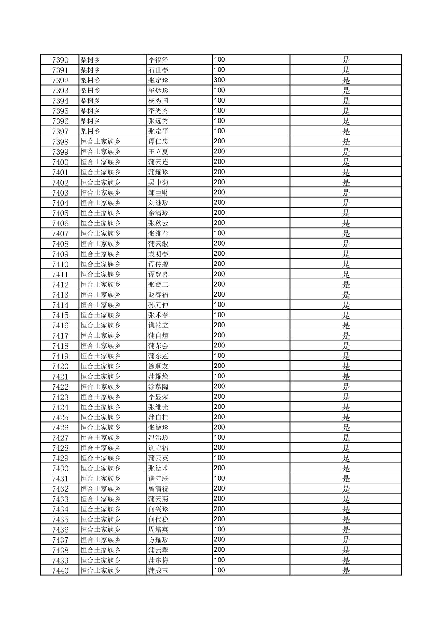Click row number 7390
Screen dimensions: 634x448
[60, 60]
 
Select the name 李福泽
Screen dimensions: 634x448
[158, 60]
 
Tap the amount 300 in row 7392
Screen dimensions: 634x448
[219, 80]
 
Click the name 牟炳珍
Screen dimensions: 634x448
[158, 91]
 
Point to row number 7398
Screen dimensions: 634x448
[60, 142]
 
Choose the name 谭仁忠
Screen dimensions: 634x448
[158, 142]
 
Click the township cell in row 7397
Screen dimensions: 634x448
[90, 131]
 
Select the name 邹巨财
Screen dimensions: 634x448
[158, 193]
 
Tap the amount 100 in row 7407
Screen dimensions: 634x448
[219, 233]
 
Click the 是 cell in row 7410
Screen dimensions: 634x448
[346, 264]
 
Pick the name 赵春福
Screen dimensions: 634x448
[158, 295]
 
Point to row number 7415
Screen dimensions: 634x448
[60, 315]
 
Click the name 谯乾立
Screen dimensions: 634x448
[158, 326]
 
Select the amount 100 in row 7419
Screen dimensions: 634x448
[219, 356]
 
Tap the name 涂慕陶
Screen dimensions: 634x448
[158, 387]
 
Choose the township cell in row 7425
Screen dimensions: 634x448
[100, 418]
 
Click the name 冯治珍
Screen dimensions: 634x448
[158, 438]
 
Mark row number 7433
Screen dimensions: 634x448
[60, 499]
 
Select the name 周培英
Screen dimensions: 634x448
[158, 530]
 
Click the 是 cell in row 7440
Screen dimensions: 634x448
[346, 571]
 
